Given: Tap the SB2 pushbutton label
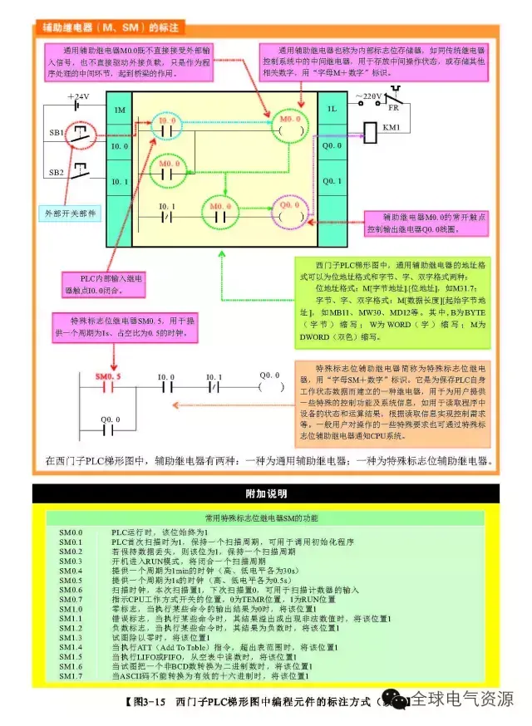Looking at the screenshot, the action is click(x=56, y=172).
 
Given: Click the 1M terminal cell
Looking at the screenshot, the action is click(x=119, y=110).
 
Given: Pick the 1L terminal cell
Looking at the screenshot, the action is click(x=332, y=109).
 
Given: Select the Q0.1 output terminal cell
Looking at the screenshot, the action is click(x=332, y=180).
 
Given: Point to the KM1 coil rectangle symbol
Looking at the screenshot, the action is click(x=370, y=131).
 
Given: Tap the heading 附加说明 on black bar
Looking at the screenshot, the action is click(x=266, y=493).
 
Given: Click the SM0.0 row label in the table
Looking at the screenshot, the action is click(x=71, y=532).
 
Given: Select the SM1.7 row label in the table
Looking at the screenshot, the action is click(x=71, y=676).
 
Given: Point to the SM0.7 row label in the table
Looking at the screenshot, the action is click(x=71, y=599).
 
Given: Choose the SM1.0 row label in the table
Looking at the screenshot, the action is click(x=71, y=609).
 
